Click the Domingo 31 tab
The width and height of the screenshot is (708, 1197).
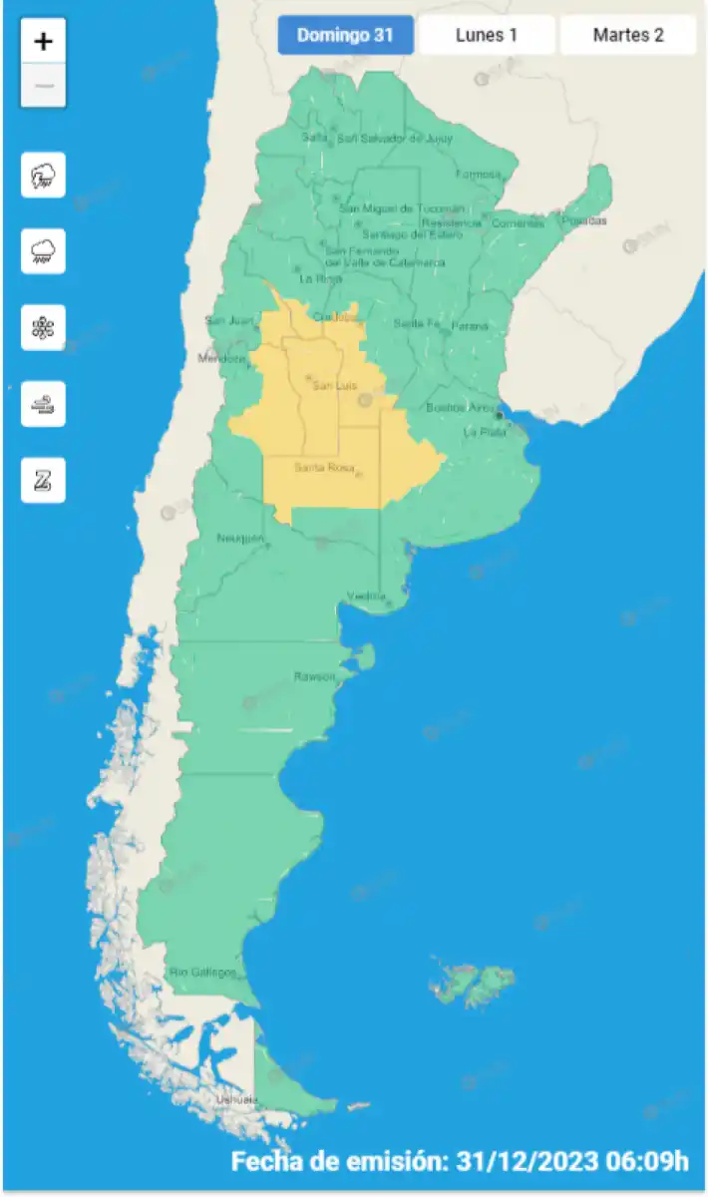click(345, 36)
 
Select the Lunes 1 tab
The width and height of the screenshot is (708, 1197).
click(486, 36)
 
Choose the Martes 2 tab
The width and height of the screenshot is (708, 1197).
click(627, 36)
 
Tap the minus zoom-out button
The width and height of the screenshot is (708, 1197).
click(43, 86)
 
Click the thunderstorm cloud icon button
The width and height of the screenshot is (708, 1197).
click(43, 176)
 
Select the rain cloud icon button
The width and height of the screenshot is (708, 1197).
click(43, 251)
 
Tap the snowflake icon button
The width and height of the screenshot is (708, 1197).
click(43, 327)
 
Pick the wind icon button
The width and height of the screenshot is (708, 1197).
click(43, 404)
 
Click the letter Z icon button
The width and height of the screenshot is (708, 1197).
click(43, 480)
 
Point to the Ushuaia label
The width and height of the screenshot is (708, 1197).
click(236, 1100)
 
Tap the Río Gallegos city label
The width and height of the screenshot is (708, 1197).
click(202, 972)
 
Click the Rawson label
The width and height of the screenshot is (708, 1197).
click(314, 676)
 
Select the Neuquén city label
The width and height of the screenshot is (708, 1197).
click(240, 539)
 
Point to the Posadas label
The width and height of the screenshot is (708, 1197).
click(583, 220)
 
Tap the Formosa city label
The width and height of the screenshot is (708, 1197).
click(478, 175)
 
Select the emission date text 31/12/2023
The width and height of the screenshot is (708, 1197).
click(528, 1162)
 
